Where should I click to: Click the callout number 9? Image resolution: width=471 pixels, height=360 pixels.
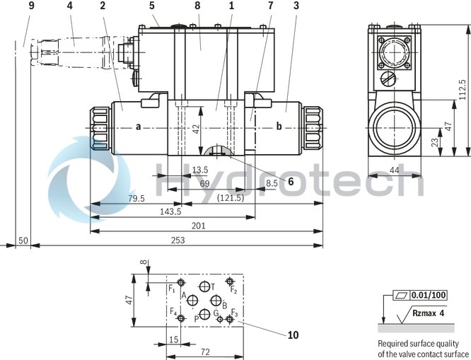31,6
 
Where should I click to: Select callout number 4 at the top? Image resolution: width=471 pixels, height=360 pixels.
69,6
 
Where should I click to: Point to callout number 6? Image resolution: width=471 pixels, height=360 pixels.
290,180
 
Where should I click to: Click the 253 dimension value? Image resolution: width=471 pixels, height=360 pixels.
179,241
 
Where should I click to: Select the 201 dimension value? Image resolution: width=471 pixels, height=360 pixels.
199,226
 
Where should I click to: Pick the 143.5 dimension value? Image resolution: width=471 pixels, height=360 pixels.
170,211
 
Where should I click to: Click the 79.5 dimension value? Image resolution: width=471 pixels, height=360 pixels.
137,199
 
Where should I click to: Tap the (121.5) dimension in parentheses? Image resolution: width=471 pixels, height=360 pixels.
231,198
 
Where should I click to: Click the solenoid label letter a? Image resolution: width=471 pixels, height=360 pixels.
139,127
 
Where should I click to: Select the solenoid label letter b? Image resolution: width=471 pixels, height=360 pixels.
279,127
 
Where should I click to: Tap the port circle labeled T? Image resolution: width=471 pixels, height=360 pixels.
205,286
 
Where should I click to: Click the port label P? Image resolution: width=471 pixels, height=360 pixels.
196,319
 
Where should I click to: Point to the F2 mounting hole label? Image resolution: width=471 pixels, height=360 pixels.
233,290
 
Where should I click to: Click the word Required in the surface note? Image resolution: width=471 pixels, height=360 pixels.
394,344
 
